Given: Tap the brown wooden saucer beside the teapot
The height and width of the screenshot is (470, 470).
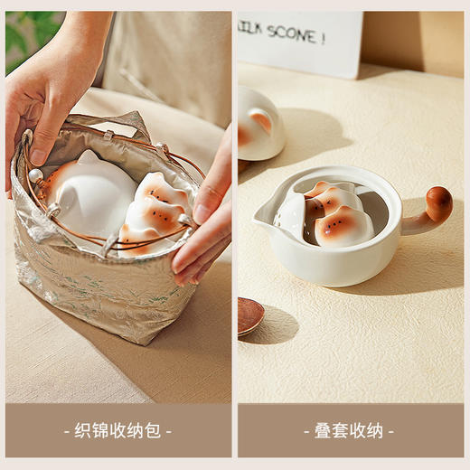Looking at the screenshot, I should coord(249,315).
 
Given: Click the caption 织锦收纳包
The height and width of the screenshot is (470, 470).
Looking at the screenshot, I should coord(117,431).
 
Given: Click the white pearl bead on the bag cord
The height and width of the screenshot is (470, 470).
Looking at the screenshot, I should coord(36,175).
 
